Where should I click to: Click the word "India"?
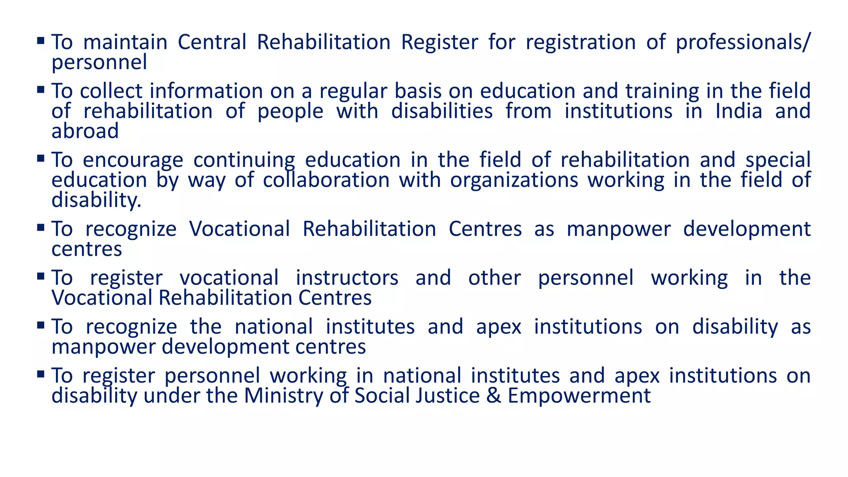pos(739,111)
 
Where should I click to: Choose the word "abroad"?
pos(85,131)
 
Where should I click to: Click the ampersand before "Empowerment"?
pos(494,396)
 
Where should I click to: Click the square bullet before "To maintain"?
pos(41,41)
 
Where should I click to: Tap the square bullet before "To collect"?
pos(41,89)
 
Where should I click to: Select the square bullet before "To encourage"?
pos(41,159)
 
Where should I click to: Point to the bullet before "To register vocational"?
pos(41,276)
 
